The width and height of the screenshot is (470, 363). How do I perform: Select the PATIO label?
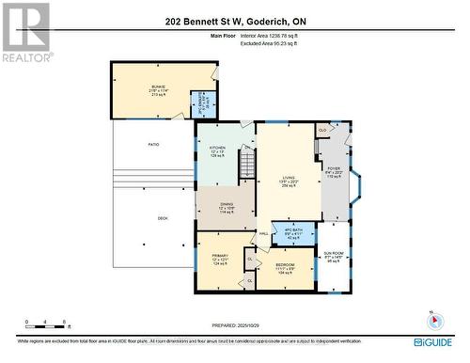[152, 145]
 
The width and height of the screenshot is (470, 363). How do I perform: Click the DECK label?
[163, 218]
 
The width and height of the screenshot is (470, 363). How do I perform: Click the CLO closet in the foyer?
[322, 130]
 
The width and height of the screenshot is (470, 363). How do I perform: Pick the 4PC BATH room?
[292, 231]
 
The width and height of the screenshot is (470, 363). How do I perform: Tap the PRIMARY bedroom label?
[219, 258]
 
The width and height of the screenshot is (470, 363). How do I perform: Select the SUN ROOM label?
[334, 256]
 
